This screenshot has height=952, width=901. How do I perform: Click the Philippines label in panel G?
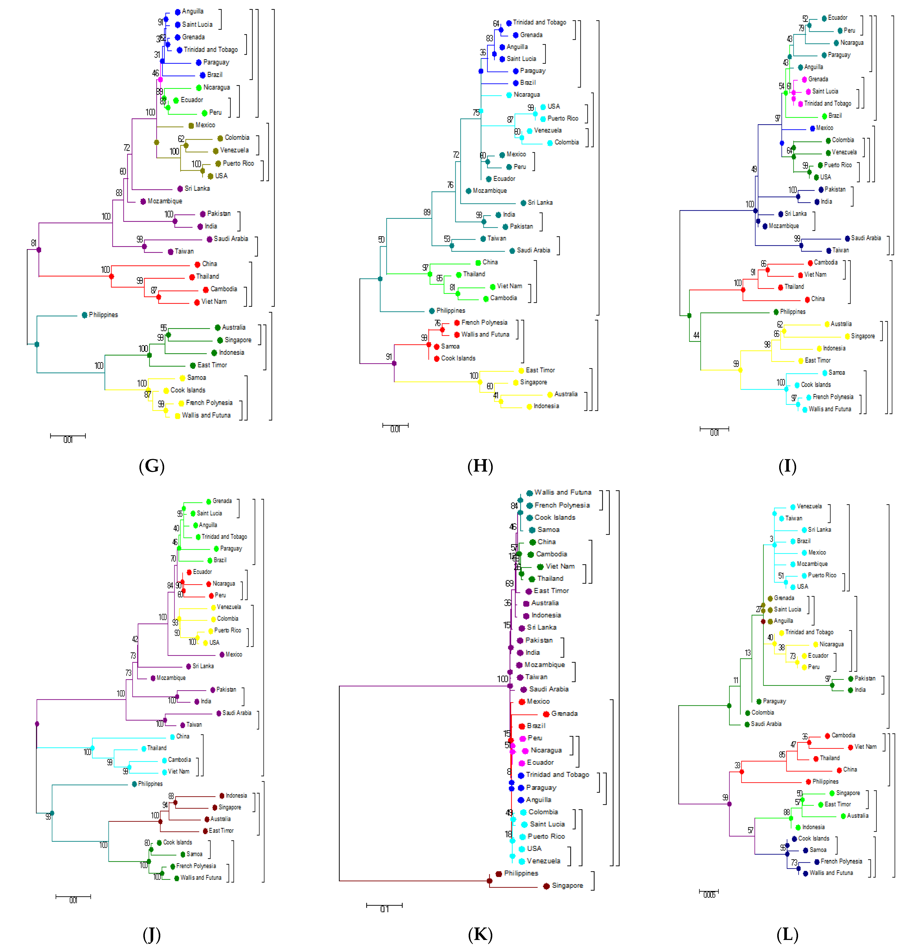[x=103, y=315]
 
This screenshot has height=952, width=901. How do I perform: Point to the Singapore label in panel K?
[x=567, y=885]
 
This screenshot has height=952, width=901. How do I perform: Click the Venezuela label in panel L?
[x=809, y=506]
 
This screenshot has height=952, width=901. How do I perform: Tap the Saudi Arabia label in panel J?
[x=237, y=713]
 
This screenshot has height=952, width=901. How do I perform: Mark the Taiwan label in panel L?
[x=793, y=518]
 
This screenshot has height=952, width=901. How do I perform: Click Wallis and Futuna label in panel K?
[x=562, y=492]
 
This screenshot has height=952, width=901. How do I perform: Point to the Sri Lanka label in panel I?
[x=795, y=213]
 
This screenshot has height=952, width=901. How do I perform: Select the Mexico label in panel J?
[x=234, y=654]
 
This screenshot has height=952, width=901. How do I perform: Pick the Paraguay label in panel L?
[x=774, y=701]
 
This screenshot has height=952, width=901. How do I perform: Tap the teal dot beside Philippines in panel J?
[x=135, y=784]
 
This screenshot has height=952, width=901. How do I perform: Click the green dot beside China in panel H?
[x=478, y=262]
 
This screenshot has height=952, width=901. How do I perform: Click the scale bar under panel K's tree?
[x=384, y=905]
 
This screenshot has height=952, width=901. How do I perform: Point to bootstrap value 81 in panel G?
[x=34, y=243]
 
